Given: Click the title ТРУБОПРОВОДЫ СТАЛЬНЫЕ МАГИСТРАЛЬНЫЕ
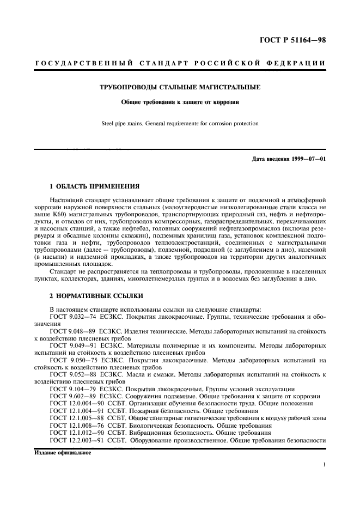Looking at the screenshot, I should coord(180,87).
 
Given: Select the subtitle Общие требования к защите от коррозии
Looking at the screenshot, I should coord(180,101).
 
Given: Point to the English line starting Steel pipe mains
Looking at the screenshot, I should coord(180,124).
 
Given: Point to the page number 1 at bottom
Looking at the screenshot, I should coord(324,464).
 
